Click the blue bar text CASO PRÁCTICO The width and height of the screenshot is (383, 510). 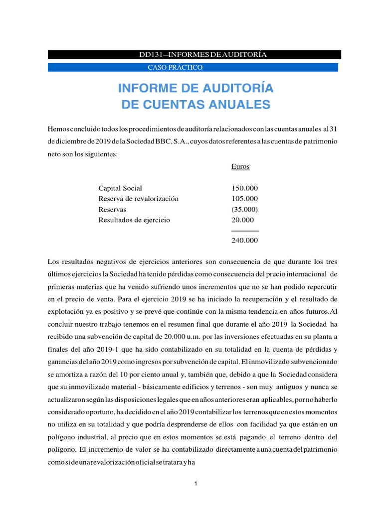[x=175, y=67]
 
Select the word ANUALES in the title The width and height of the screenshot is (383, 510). [x=239, y=105]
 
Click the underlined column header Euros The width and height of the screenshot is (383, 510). [x=240, y=167]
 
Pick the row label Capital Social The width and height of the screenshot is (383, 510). [x=120, y=188]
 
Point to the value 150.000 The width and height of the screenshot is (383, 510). [x=245, y=188]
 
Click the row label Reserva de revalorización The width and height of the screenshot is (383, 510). [x=139, y=199]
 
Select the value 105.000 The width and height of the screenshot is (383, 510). [x=245, y=199]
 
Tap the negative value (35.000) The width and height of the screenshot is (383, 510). [x=245, y=209]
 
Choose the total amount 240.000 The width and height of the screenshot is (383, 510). [x=245, y=241]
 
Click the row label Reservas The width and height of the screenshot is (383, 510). [x=112, y=209]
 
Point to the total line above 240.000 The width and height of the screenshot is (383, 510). [x=245, y=231]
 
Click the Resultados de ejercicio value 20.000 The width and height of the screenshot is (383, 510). [x=243, y=220]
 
